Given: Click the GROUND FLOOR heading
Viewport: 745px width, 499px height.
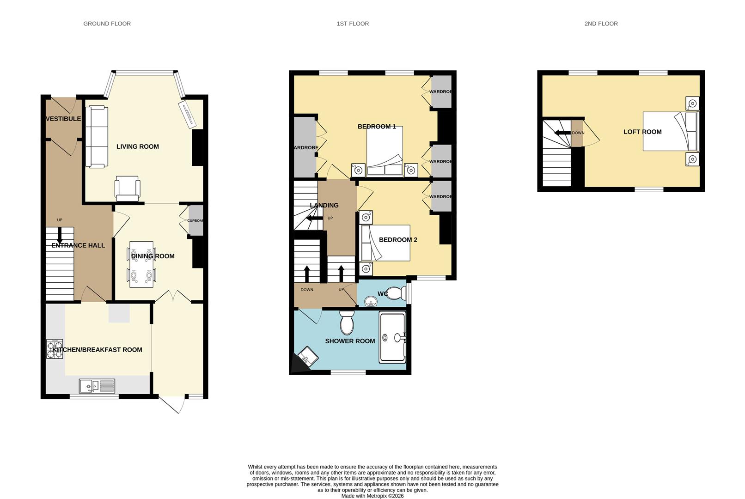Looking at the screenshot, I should coord(107,24).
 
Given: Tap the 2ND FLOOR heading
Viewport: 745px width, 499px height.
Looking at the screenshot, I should coord(601,24).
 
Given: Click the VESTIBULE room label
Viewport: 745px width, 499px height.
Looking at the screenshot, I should coord(63,119).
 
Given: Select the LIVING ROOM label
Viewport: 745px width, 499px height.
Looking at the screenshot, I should coord(137,146).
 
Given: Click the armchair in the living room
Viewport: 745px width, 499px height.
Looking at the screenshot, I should coord(127,189).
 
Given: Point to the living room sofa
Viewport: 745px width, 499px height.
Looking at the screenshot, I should coord(97,137).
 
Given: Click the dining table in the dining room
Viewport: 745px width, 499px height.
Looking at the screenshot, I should coord(141,264).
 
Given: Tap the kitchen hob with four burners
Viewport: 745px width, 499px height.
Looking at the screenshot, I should coord(55,349).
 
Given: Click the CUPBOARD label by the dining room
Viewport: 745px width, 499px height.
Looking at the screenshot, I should coord(195,221).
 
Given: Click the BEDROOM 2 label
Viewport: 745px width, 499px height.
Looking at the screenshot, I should coord(398,240).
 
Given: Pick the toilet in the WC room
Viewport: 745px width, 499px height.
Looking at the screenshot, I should coord(394,293).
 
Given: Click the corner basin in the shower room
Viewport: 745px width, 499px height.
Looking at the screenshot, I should coord(308,356).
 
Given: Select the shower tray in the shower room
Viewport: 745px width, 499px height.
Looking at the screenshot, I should coord(392,337).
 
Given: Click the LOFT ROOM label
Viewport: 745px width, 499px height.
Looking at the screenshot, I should coord(642,132).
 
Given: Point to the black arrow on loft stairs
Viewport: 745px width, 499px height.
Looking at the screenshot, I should coord(562,133).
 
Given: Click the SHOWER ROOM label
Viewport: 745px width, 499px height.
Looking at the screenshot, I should coord(350,341).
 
